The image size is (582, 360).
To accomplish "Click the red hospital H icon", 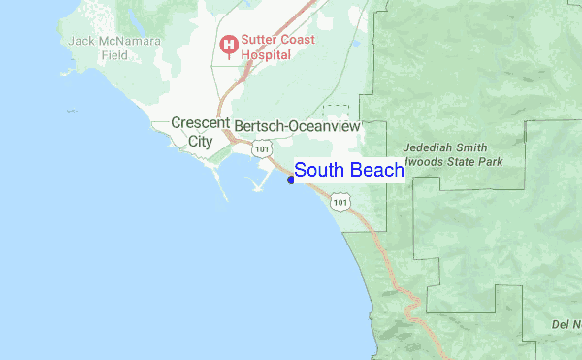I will (x=229, y=44).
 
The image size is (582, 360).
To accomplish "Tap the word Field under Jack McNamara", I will (x=113, y=55).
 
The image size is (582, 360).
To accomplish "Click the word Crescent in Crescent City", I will (x=200, y=123).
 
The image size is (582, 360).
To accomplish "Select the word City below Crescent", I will (x=200, y=140).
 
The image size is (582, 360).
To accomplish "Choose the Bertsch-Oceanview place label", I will (x=297, y=125).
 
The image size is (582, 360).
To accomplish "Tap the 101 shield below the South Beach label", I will (x=339, y=201).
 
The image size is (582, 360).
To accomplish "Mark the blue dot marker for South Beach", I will (x=291, y=179).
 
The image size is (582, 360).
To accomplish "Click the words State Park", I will (x=470, y=160).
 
